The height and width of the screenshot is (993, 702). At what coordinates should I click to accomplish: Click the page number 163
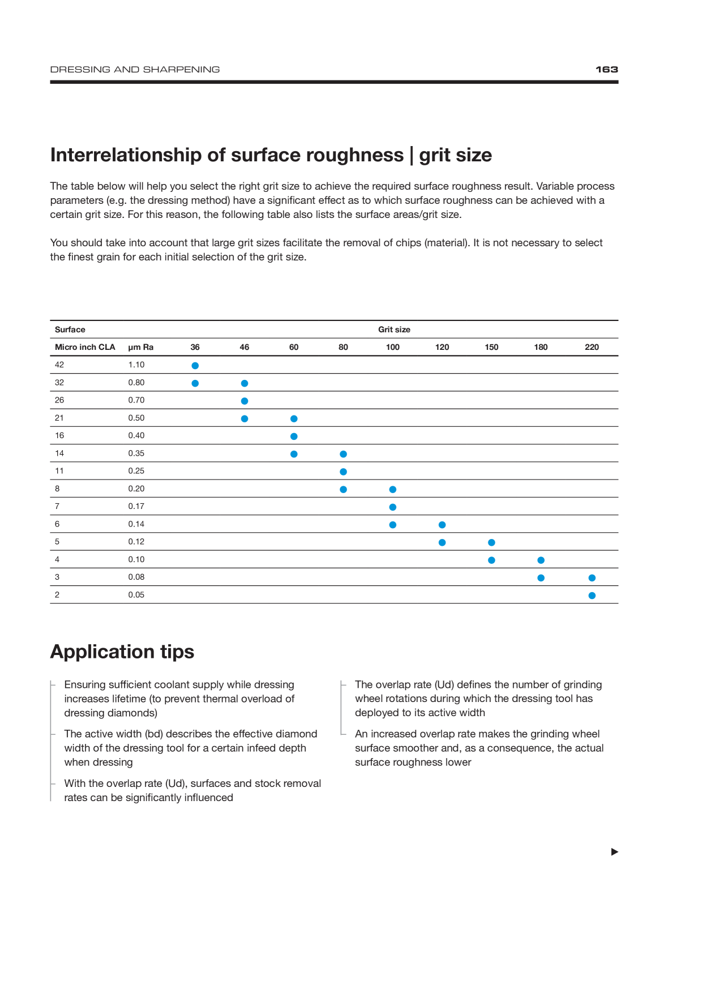[x=606, y=70]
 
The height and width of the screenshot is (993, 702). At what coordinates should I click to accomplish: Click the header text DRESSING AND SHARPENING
[x=135, y=70]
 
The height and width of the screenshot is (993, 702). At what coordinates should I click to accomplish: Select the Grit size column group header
[x=394, y=329]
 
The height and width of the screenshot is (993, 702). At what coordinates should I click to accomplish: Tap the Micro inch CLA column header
[x=85, y=347]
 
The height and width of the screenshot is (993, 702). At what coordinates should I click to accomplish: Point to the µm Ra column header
[x=141, y=347]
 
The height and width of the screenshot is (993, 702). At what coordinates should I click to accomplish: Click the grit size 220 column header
[x=592, y=347]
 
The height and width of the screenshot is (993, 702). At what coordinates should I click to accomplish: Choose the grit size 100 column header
[x=392, y=347]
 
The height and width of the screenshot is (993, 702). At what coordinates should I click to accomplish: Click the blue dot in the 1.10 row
[x=195, y=366]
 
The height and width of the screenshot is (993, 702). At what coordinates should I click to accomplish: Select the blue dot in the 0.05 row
[x=592, y=596]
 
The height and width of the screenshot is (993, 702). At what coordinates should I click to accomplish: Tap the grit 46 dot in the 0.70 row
[x=245, y=401]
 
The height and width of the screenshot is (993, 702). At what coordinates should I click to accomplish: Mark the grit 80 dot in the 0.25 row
[x=343, y=472]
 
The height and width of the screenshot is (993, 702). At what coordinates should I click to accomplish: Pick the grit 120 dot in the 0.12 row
[x=442, y=542]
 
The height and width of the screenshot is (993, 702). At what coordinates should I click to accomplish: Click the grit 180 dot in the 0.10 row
[x=541, y=560]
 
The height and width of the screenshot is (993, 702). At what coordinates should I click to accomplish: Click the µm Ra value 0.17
[x=136, y=506]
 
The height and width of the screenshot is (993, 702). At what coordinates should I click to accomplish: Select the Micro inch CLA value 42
[x=59, y=365]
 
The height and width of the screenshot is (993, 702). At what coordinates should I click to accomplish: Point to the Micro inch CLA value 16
[x=59, y=435]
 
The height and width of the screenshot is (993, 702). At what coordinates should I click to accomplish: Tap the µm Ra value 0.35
[x=136, y=453]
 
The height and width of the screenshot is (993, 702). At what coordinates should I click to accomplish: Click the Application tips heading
[x=122, y=652]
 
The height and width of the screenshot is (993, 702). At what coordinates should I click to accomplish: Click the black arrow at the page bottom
[x=615, y=852]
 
